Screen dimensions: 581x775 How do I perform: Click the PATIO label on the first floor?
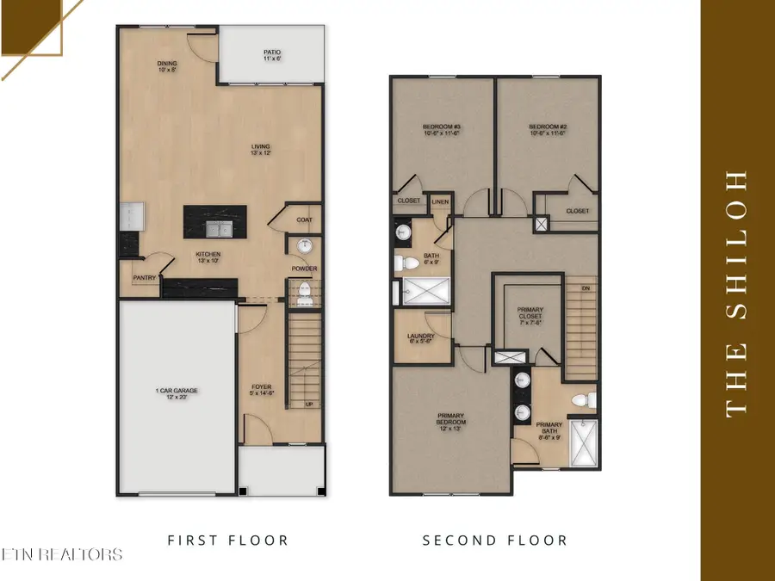point(271,53)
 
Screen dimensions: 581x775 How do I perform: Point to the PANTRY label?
point(143,278)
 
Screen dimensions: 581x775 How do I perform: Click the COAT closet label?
point(303,219)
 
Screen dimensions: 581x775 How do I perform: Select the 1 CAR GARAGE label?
point(177,392)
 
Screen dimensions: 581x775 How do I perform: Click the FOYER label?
point(261,387)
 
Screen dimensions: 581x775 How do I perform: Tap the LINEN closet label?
point(440,201)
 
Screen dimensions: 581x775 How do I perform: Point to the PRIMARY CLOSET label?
point(530,316)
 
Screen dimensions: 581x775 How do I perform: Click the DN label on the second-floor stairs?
point(586,287)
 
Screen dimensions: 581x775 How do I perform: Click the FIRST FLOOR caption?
point(227,541)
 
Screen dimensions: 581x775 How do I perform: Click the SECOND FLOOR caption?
point(494,541)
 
